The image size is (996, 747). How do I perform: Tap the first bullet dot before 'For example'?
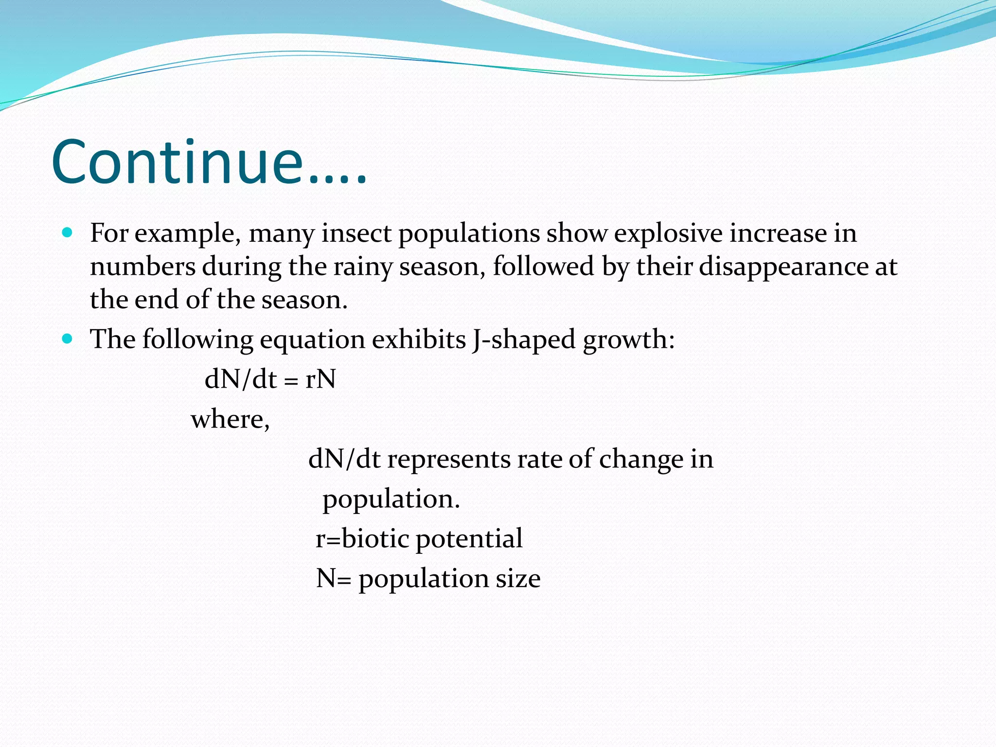68,232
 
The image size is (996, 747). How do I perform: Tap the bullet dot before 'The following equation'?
68,338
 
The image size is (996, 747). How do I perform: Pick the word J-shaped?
523,339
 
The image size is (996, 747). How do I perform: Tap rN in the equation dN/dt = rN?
320,379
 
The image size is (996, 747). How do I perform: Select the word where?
230,419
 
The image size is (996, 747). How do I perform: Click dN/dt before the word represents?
344,459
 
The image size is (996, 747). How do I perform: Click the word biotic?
375,538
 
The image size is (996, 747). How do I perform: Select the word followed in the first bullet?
543,267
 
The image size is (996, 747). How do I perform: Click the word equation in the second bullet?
312,339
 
